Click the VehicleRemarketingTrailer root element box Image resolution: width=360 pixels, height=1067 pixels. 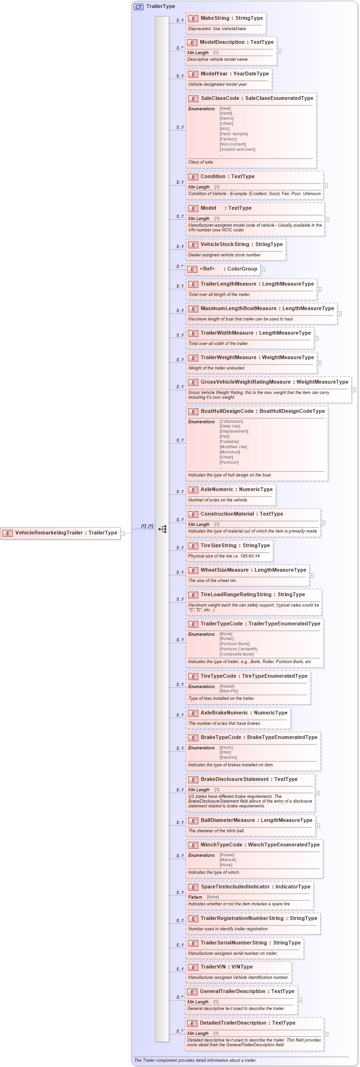tap(60, 533)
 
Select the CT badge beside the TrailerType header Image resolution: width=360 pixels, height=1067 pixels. tap(139, 7)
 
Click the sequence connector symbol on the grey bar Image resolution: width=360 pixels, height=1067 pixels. tap(163, 529)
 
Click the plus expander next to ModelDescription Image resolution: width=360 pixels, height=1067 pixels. tap(279, 51)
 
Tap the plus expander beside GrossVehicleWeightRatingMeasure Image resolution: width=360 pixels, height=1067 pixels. tap(353, 390)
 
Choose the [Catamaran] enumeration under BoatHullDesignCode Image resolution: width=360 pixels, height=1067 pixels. tap(231, 421)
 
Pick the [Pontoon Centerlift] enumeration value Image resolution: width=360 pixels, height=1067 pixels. tap(238, 649)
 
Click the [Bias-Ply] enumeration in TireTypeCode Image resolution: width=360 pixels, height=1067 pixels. tap(229, 691)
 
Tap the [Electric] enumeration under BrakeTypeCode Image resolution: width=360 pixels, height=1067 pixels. tap(228, 757)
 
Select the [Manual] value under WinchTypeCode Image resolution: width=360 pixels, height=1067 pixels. tap(228, 860)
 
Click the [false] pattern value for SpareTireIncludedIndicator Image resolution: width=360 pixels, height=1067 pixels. tap(213, 897)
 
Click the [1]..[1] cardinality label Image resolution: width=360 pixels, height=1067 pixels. tap(147, 526)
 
